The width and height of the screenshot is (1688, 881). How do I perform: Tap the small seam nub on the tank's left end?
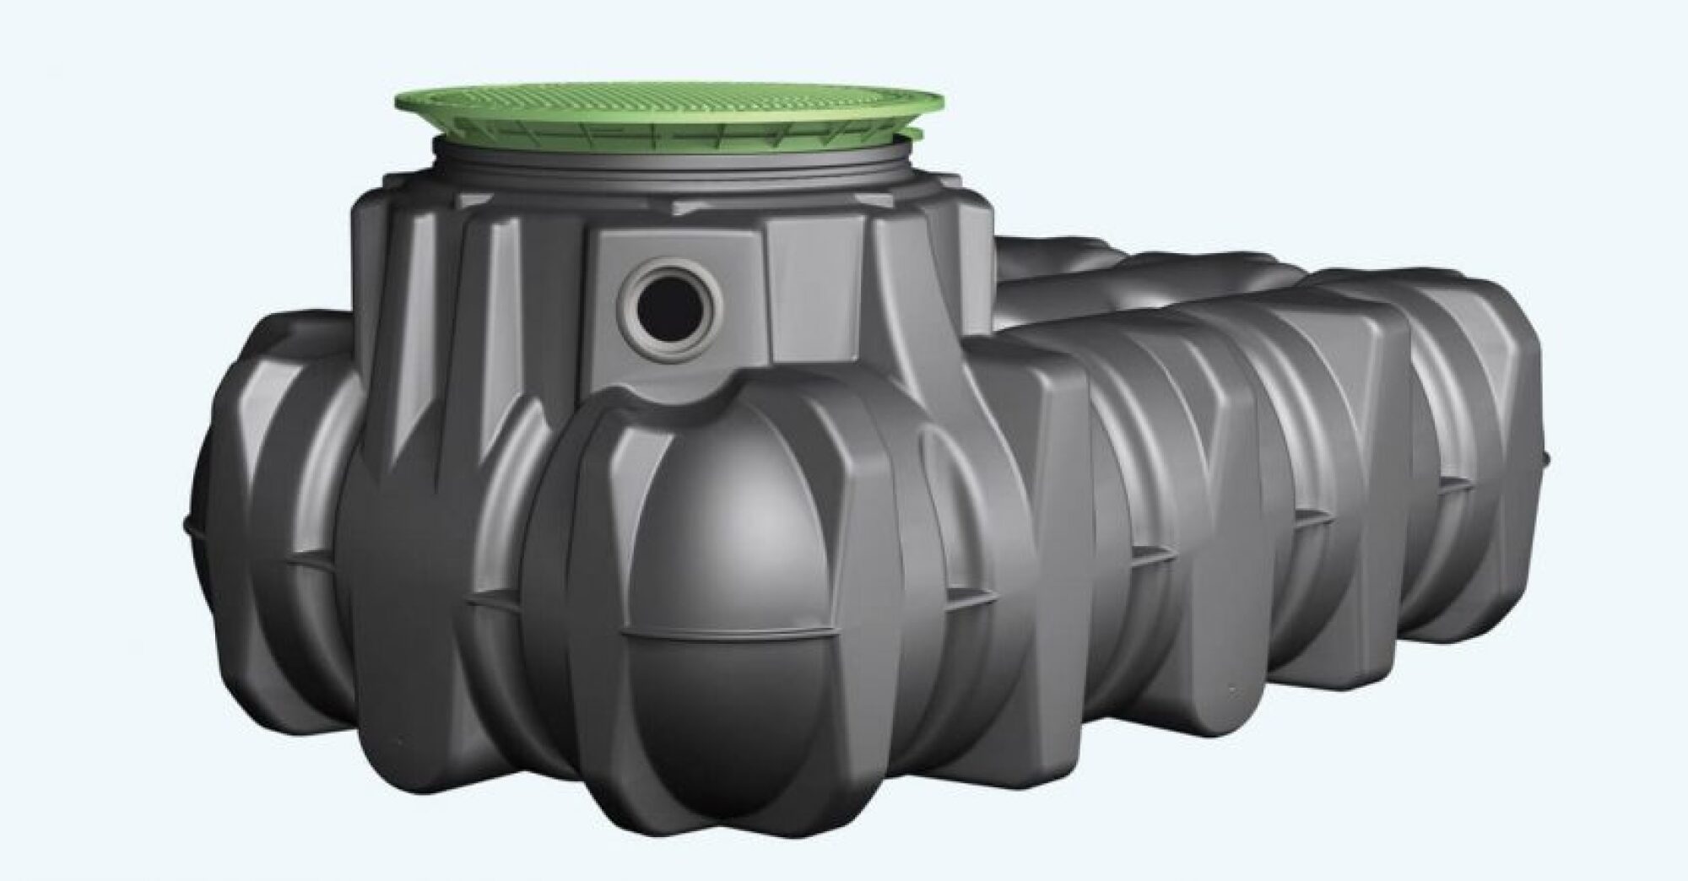(x=184, y=523)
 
